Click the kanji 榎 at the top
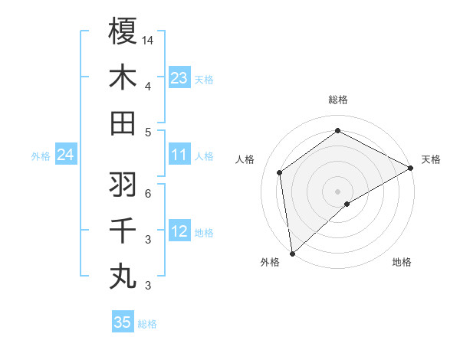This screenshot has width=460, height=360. (123, 31)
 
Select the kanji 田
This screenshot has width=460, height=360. (123, 123)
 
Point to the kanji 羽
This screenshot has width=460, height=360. (123, 185)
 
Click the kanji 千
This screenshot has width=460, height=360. (123, 231)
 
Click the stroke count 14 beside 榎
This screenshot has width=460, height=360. (148, 39)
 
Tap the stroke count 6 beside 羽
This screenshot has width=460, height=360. (148, 193)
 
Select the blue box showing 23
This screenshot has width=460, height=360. (179, 77)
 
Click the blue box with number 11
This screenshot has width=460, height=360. (179, 155)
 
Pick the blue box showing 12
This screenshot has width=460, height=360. (179, 231)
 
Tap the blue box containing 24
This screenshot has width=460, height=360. (65, 155)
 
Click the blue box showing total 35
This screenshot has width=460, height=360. (123, 322)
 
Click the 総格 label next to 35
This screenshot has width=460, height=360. (147, 324)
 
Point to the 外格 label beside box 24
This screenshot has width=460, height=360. (41, 156)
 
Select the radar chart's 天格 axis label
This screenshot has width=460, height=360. (431, 159)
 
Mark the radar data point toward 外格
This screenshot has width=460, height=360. (292, 253)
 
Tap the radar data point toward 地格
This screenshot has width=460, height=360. (347, 204)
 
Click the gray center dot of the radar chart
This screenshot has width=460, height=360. (337, 190)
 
